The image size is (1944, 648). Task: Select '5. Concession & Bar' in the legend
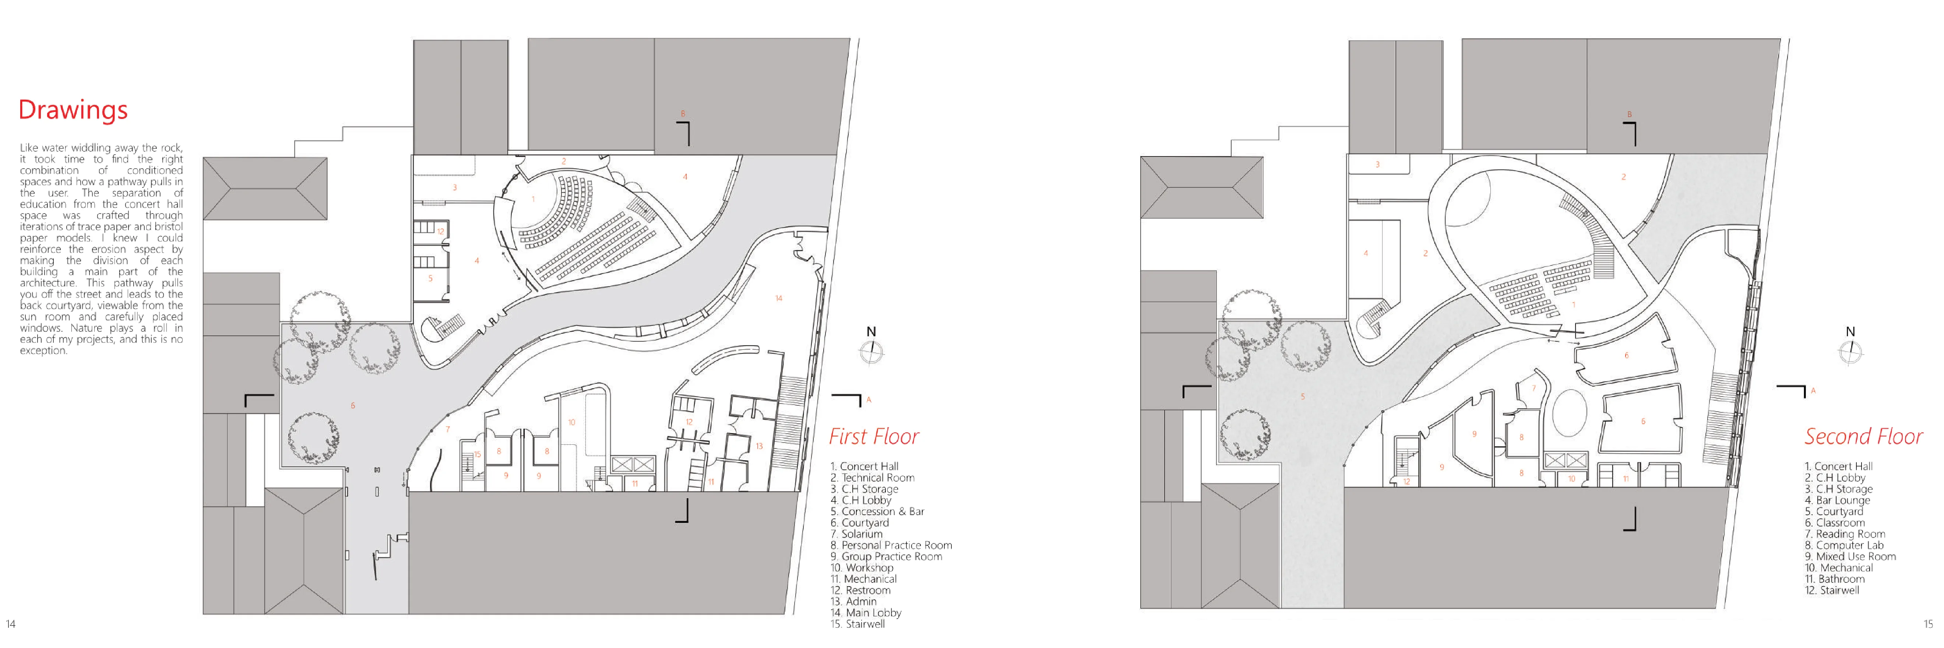point(877,511)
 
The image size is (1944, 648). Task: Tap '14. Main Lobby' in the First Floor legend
point(866,613)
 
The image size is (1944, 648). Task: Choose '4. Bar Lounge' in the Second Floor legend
point(1837,500)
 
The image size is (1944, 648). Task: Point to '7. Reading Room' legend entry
point(1844,534)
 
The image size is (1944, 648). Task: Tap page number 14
point(11,624)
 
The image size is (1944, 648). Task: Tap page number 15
point(1928,624)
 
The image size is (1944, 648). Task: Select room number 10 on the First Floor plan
point(571,422)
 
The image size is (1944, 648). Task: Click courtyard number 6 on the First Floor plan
point(352,406)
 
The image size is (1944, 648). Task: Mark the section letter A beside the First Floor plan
point(869,400)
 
